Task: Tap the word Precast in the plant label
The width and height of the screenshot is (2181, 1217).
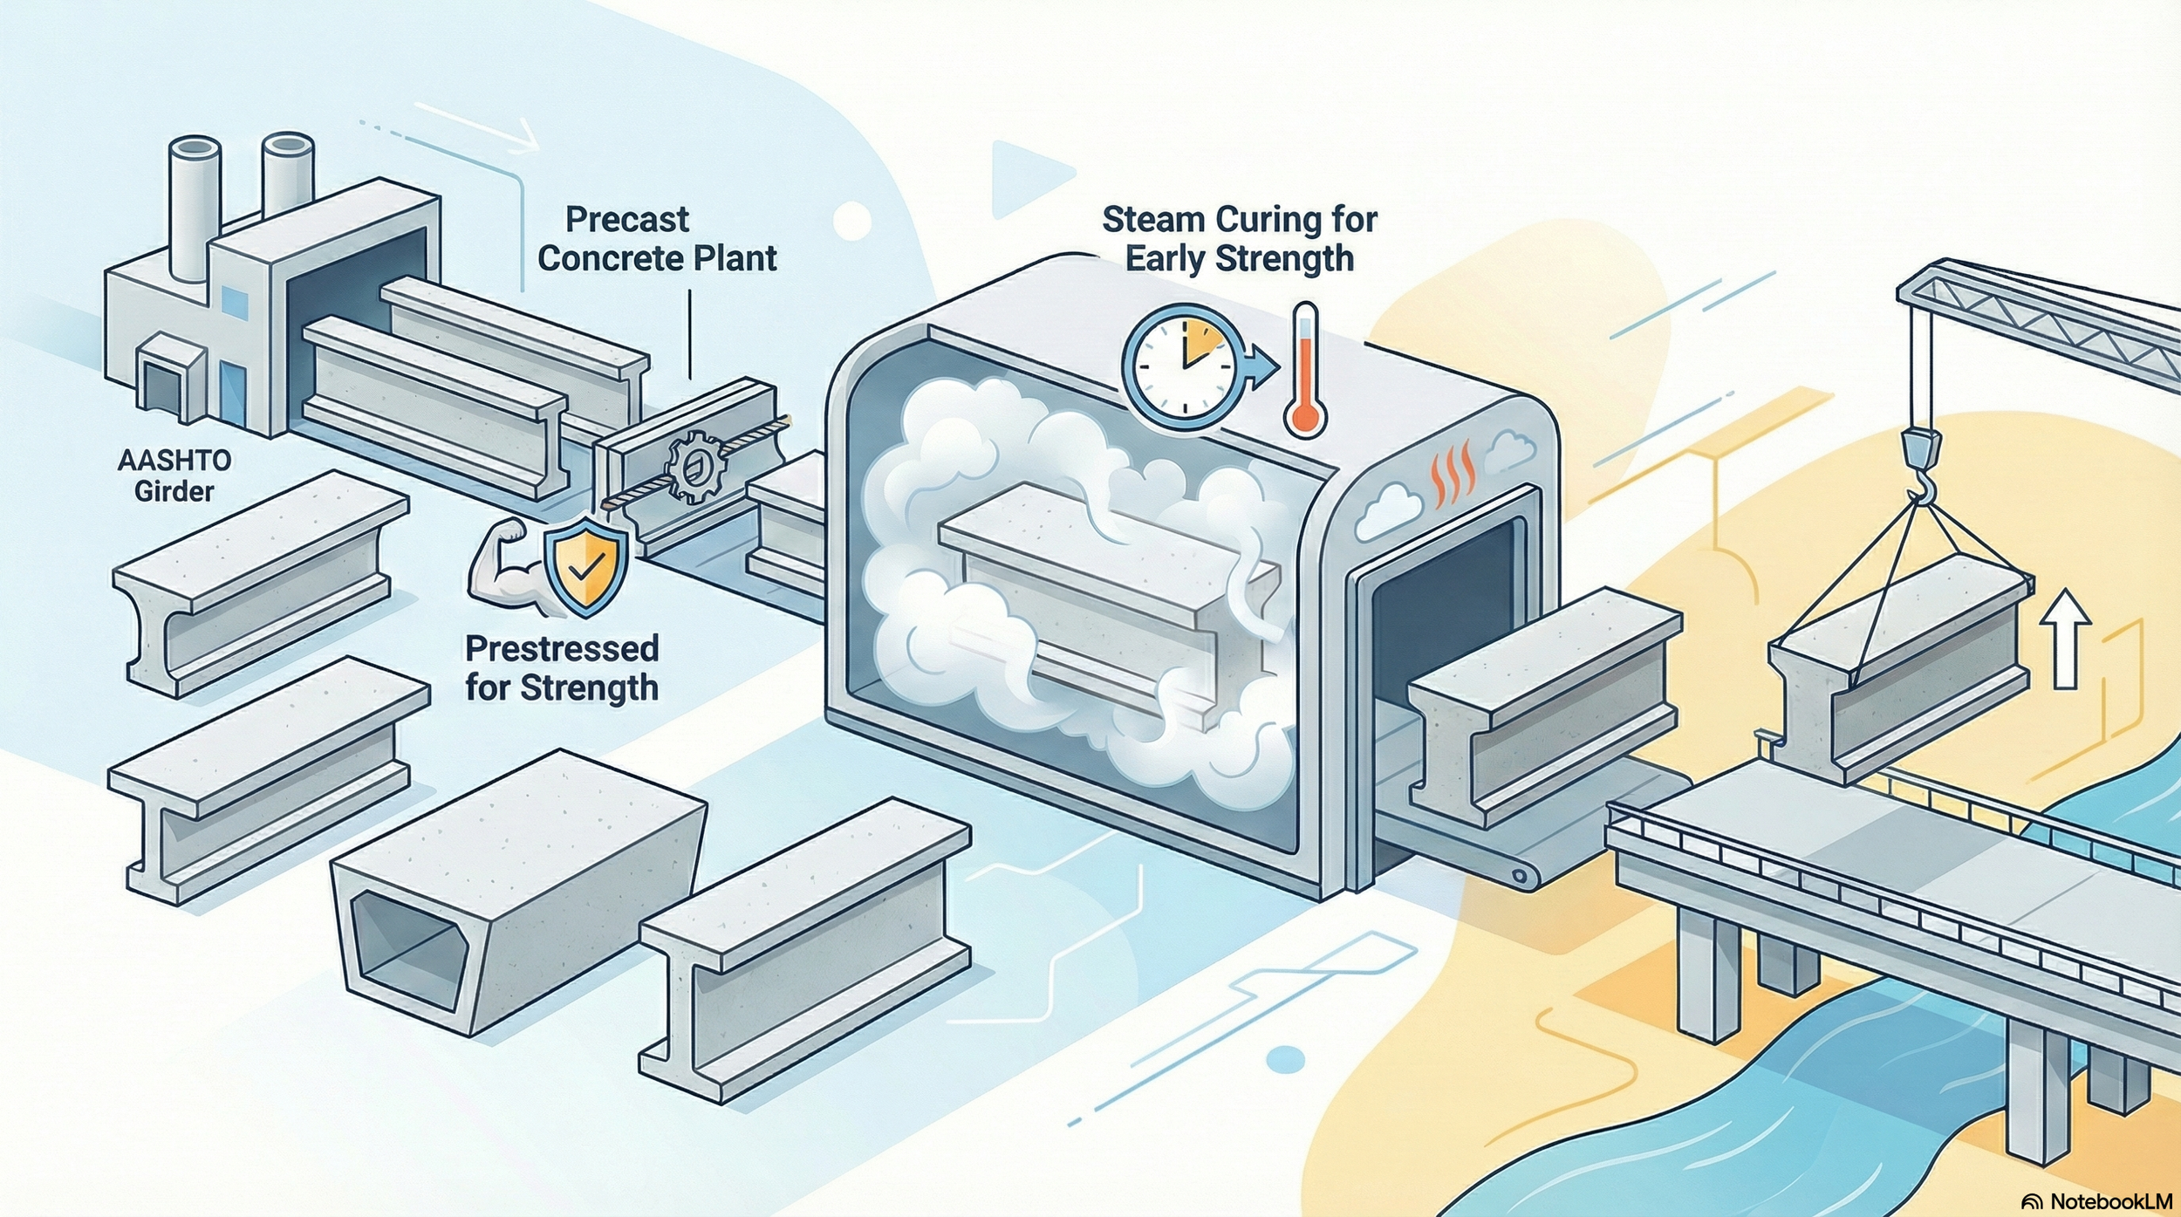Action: pyautogui.click(x=626, y=220)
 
